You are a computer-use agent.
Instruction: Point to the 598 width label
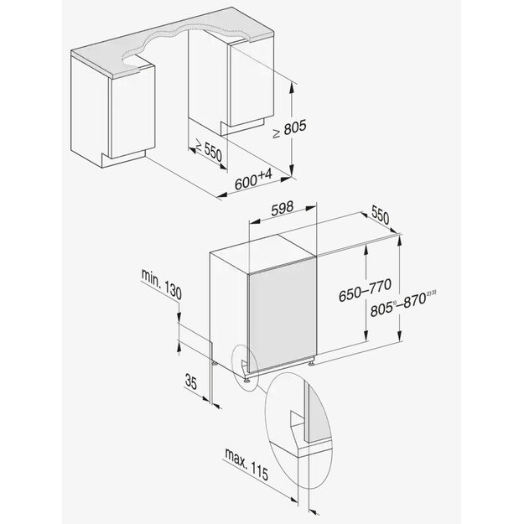(x=287, y=212)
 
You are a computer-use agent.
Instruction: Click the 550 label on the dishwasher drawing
(x=380, y=215)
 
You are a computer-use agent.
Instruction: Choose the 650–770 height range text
(x=338, y=293)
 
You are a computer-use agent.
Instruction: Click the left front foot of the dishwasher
(x=250, y=378)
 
